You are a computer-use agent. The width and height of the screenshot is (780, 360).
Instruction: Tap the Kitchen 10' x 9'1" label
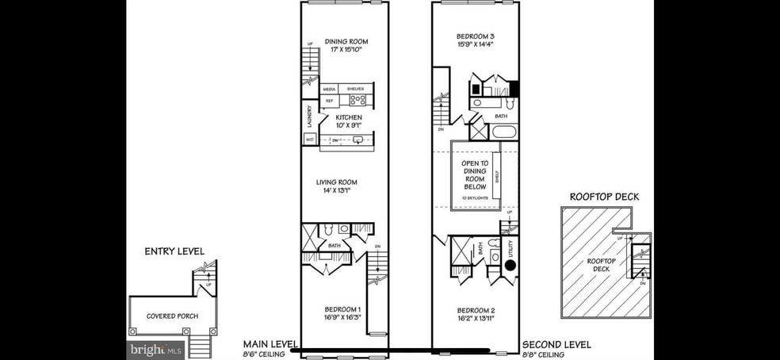pyautogui.click(x=348, y=121)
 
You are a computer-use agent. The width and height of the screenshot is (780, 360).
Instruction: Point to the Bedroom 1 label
pyautogui.click(x=342, y=312)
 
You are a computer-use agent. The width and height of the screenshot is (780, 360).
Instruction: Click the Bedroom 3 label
pyautogui.click(x=476, y=40)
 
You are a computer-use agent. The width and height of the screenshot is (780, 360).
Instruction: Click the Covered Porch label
pyautogui.click(x=171, y=316)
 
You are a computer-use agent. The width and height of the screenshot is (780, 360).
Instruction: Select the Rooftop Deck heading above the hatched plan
pyautogui.click(x=604, y=197)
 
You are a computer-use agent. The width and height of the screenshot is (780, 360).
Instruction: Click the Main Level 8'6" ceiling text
pyautogui.click(x=270, y=349)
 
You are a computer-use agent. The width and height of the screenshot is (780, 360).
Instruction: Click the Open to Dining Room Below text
pyautogui.click(x=475, y=176)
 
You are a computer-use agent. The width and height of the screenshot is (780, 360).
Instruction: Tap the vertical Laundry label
pyautogui.click(x=309, y=117)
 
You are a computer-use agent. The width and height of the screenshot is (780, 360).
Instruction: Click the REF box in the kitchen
pyautogui.click(x=329, y=101)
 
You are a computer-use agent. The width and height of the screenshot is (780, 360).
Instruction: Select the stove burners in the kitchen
pyautogui.click(x=357, y=100)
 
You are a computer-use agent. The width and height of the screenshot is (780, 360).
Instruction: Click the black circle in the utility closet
pyautogui.click(x=511, y=265)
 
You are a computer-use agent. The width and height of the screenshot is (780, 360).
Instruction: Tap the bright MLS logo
pyautogui.click(x=156, y=349)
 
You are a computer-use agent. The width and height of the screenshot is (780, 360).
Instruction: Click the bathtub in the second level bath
pyautogui.click(x=503, y=131)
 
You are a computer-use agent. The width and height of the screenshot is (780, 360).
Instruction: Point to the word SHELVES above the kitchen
pyautogui.click(x=355, y=89)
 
